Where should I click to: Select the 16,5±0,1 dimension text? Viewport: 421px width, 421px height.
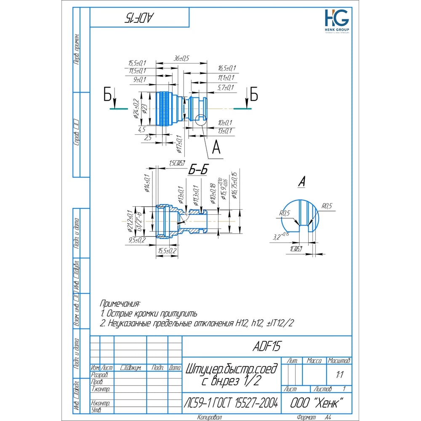[x=227, y=68]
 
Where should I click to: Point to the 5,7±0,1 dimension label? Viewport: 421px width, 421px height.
[x=225, y=87]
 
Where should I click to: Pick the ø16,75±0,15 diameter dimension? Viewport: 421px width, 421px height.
[x=234, y=186]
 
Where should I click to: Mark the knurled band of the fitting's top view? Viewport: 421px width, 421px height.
[x=163, y=108]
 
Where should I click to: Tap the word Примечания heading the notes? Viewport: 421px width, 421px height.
[x=120, y=303]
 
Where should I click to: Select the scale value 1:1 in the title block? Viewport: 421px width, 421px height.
[x=339, y=374]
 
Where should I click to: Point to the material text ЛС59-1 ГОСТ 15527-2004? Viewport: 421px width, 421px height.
[x=231, y=403]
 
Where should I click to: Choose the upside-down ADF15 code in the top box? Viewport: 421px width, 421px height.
[x=139, y=17]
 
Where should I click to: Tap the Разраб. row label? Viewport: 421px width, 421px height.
[x=100, y=375]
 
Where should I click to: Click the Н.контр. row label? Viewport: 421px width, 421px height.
[x=101, y=403]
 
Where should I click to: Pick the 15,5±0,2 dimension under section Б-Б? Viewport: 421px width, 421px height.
[x=167, y=250]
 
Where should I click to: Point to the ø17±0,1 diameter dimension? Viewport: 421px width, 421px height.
[x=179, y=144]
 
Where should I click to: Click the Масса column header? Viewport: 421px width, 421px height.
[x=314, y=361]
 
